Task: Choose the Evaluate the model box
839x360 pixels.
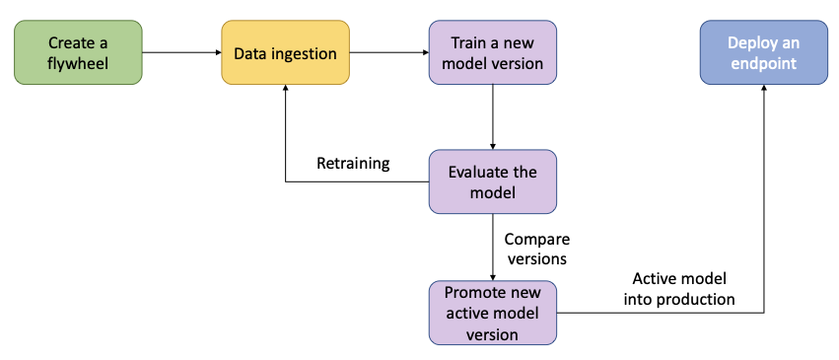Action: (492, 181)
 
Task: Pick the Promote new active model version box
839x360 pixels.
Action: (492, 313)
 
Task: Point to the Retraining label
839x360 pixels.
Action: (353, 163)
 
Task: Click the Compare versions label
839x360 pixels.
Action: (537, 248)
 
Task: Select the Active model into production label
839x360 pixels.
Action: (679, 289)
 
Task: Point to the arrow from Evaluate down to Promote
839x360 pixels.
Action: (492, 247)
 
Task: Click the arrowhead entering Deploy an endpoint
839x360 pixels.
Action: (762, 90)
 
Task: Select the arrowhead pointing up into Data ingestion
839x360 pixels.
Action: (284, 90)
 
